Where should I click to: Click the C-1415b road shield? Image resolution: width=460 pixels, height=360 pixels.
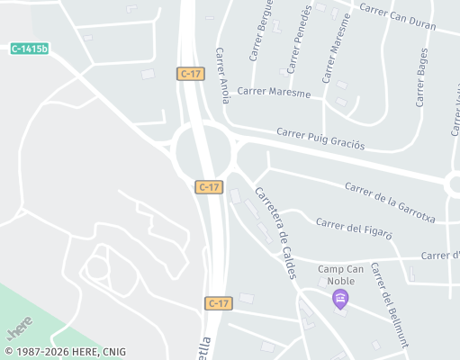point(30,48)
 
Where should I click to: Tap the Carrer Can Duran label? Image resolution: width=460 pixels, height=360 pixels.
point(397,16)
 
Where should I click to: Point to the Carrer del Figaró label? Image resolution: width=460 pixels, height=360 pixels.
point(355,228)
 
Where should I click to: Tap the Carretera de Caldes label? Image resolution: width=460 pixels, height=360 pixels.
point(275,231)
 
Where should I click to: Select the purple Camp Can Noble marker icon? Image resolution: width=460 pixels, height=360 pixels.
point(340,299)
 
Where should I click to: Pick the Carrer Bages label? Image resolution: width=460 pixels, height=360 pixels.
point(421,76)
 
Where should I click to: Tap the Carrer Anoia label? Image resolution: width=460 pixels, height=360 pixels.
point(223,73)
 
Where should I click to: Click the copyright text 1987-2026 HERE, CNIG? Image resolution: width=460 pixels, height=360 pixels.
point(65,352)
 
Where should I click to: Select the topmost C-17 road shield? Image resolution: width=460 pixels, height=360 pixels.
point(189,74)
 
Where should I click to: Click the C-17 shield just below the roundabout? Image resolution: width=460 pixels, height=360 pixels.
point(209,186)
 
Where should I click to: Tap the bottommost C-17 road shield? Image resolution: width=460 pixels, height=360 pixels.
point(218,303)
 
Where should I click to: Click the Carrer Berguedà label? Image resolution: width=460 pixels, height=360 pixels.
point(263,36)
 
